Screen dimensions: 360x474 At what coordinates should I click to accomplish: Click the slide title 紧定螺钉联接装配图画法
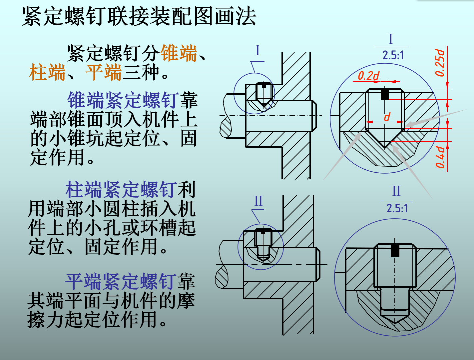coord(139,16)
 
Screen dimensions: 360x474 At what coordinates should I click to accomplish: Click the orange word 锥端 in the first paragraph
coord(179,53)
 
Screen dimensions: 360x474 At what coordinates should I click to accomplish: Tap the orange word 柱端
coord(47,72)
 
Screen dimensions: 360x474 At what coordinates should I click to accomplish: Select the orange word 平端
coord(104,72)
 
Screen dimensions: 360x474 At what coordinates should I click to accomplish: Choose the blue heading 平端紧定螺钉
coord(121,282)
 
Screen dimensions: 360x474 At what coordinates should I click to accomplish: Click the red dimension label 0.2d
coord(368,76)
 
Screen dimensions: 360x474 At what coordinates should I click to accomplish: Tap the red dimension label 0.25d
coord(440,63)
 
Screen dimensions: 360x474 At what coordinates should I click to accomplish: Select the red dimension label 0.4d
coord(440,157)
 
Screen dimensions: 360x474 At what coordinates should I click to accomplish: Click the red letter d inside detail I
coord(387,117)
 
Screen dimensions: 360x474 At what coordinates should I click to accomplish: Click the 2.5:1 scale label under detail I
coord(393,55)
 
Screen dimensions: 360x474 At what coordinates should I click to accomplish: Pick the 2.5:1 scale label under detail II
coord(397,208)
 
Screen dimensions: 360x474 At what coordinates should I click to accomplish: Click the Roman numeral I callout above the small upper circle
coord(257,51)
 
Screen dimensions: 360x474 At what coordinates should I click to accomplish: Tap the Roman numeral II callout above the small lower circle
coord(258,201)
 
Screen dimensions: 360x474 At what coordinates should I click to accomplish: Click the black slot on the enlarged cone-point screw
coord(385,94)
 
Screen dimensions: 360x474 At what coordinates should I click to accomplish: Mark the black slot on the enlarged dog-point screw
coord(395,250)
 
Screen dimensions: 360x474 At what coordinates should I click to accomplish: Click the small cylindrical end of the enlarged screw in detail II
coord(395,302)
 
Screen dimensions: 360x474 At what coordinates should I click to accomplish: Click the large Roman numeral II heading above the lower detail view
coord(396,191)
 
